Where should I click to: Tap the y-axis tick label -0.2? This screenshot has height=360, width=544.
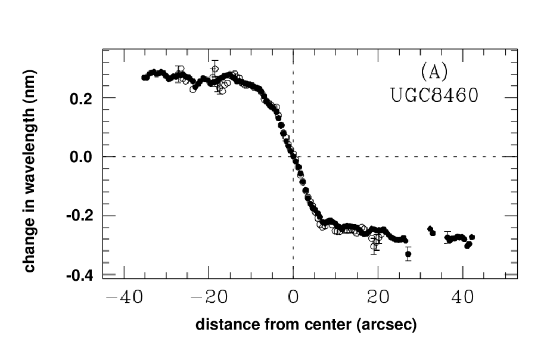pos(81,216)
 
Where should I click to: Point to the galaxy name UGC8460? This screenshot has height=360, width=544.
pos(434,95)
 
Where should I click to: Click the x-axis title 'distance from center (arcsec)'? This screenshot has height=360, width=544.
pos(306,325)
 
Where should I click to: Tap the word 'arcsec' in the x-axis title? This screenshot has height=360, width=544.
pos(387,325)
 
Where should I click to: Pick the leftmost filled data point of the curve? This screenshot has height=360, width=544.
pos(144,77)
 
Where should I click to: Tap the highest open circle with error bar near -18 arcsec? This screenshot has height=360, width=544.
pos(215,69)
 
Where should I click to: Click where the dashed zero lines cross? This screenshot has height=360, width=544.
pos(293,157)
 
